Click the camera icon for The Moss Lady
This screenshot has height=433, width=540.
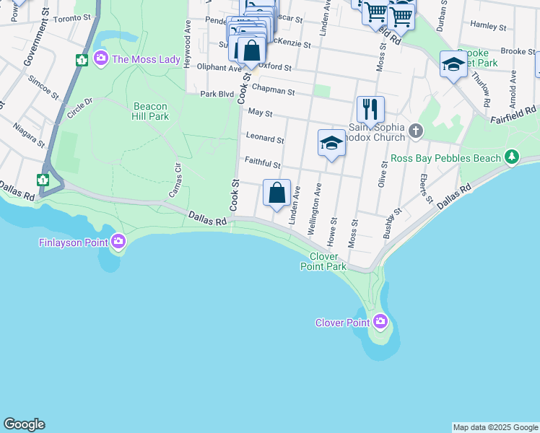(x=101, y=58)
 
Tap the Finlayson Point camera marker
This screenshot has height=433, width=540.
(x=118, y=242)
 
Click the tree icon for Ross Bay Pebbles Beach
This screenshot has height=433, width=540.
(x=512, y=157)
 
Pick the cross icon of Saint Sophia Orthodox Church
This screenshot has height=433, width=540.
(x=415, y=131)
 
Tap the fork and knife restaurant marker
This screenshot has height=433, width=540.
(x=370, y=110)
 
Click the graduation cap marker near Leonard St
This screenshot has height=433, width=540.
(x=331, y=143)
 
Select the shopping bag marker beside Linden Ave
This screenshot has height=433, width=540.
(x=276, y=193)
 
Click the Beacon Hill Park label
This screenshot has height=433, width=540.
(x=150, y=110)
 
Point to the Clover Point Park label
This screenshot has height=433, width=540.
(x=323, y=261)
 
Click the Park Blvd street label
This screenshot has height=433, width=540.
(x=217, y=94)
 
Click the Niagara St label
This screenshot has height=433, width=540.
(x=27, y=133)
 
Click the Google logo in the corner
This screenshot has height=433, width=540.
(x=24, y=424)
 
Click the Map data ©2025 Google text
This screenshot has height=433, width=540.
(x=495, y=427)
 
